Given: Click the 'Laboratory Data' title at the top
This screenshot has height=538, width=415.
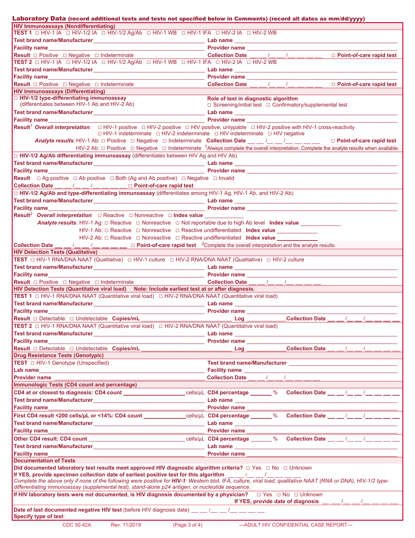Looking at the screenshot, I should point(39,19).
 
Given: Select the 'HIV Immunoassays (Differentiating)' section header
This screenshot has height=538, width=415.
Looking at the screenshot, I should point(59,91).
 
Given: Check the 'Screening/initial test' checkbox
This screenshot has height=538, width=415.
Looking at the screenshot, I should point(210,105).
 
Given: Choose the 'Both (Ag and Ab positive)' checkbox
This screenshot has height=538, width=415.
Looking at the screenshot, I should point(112,178).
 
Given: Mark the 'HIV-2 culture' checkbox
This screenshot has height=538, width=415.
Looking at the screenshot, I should point(269,260).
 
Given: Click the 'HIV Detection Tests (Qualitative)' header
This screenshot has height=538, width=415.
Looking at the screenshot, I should point(55,252).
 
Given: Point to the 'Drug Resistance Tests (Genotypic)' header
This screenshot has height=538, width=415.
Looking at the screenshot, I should point(59,356).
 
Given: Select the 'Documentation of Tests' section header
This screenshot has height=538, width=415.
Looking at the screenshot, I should point(44,461).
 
